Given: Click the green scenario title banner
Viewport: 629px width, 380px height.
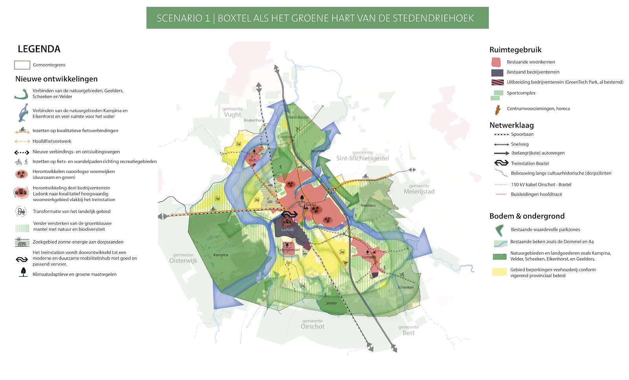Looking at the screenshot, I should pos(317,18).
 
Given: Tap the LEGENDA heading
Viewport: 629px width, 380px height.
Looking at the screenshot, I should pos(39,49).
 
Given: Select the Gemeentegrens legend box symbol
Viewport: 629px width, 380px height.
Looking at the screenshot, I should pos(22,65).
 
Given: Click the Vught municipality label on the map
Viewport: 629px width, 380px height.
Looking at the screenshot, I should pos(232,114).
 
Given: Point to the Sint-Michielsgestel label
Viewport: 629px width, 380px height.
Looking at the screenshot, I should pos(362,158).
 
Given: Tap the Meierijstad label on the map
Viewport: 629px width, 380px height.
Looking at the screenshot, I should pos(419,192).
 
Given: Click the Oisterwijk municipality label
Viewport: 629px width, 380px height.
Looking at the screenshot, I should pos(183,260).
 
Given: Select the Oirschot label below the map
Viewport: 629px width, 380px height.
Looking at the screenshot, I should pos(313,327).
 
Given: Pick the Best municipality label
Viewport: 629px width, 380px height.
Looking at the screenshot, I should pos(408,333).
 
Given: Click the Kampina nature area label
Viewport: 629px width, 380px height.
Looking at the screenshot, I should pos(221,255).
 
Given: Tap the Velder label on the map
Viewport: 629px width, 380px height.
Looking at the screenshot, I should pos(331,303).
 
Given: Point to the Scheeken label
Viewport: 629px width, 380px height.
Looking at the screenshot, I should pos(405,287).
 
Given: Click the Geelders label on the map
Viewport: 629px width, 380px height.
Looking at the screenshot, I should pos(368,205).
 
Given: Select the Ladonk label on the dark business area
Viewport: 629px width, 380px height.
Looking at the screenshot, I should pos(287,229).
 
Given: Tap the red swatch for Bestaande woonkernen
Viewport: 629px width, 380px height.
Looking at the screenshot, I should pos(497,62).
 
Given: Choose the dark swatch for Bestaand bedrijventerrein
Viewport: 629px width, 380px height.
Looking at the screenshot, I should pos(497,72).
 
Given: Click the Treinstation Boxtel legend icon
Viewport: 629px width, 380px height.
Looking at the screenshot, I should pos(501,163).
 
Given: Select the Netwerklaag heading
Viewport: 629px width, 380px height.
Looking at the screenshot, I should pos(511,125).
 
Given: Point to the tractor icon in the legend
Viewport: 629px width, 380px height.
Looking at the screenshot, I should pos(21,212).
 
